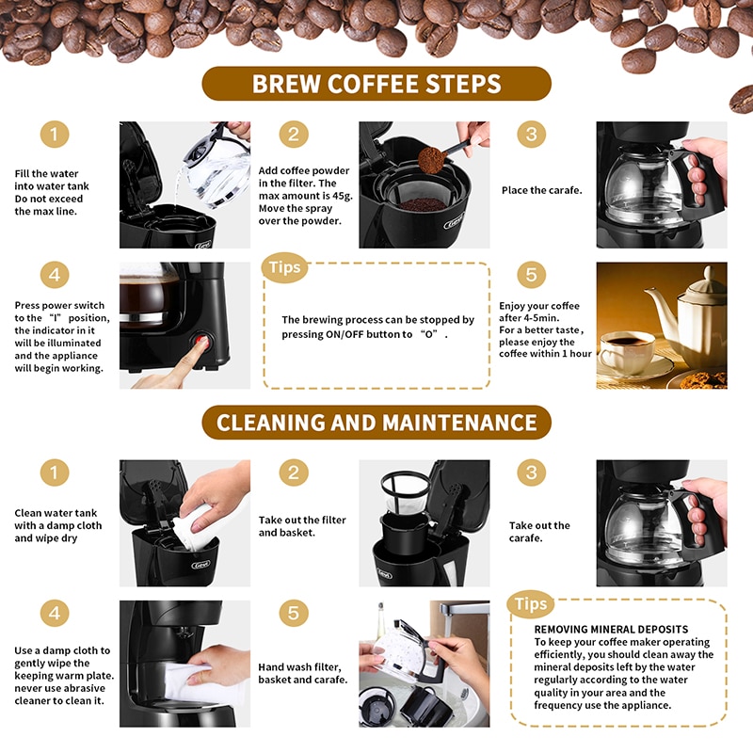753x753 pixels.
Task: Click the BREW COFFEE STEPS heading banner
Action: point(376,84)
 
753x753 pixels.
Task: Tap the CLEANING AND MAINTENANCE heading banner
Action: point(376,422)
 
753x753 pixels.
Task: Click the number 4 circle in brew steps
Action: point(55,275)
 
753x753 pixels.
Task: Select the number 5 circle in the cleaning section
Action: point(294,613)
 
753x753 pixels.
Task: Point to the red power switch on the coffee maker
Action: point(200,342)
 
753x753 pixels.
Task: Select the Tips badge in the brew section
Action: point(284,267)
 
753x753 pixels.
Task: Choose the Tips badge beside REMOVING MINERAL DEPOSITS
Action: point(530,604)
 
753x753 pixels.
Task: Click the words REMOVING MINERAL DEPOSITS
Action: point(611,629)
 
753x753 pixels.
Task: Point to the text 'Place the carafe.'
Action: point(542,190)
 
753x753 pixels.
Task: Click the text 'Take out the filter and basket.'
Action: point(302,526)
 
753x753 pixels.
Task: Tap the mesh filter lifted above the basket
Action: point(406,490)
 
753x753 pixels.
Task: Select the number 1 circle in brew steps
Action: point(55,134)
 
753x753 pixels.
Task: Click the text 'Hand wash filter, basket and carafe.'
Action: point(302,673)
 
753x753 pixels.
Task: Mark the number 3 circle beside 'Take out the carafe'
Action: point(531,473)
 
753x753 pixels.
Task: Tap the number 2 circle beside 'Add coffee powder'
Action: point(294,134)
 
